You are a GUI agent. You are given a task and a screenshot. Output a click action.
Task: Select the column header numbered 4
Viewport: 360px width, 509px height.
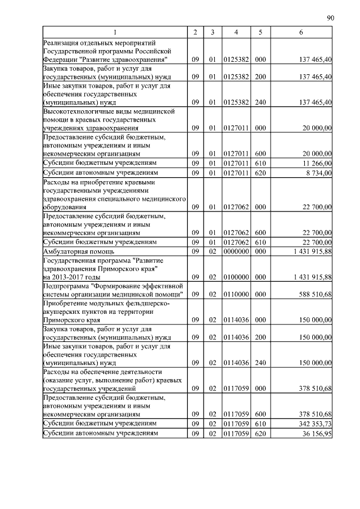click(236, 33)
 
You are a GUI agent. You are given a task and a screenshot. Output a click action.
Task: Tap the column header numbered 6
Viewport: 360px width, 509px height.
click(301, 33)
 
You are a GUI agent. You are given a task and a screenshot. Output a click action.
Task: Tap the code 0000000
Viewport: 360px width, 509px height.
click(236, 251)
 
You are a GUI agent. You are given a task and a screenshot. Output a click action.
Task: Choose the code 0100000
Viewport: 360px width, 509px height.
click(236, 277)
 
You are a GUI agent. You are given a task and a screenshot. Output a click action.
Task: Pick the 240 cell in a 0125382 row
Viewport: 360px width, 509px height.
click(260, 102)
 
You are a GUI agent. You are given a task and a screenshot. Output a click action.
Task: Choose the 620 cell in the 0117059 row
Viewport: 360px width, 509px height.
click(260, 434)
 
